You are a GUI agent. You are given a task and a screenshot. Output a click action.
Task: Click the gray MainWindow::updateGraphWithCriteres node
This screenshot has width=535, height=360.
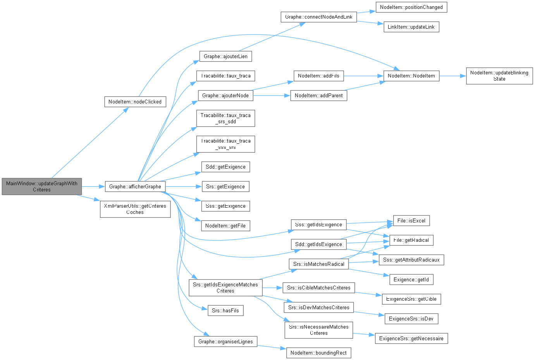pos(42,187)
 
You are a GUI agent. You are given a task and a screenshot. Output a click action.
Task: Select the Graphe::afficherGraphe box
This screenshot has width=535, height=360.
pos(135,187)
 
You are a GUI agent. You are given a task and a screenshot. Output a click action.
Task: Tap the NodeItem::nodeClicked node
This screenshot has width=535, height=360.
pos(135,102)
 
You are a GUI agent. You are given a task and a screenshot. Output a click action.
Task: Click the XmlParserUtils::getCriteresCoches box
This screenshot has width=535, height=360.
pos(135,209)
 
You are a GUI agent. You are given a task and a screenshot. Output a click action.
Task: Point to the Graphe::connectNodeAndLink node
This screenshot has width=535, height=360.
pos(318,17)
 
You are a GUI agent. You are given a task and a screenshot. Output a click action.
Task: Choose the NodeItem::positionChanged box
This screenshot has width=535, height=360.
pos(411,7)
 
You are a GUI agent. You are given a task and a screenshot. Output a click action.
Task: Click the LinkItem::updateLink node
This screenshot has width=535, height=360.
pos(411,27)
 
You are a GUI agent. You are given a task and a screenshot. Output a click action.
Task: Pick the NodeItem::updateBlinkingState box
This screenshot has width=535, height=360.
pos(499,76)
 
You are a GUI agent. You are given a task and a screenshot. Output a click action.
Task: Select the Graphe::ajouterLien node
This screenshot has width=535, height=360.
pos(225,57)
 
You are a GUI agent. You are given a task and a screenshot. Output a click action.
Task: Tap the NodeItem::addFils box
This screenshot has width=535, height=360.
pos(318,76)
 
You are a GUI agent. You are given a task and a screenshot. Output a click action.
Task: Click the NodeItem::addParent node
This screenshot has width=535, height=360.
pos(318,96)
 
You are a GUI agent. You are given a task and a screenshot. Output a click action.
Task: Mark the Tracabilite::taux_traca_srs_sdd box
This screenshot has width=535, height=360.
pos(225,118)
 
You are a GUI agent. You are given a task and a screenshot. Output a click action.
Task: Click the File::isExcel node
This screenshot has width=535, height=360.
pos(411,221)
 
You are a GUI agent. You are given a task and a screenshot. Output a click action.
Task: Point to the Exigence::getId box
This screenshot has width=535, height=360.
pos(411,279)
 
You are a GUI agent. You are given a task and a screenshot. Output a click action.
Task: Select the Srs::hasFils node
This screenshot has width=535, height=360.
pos(225,311)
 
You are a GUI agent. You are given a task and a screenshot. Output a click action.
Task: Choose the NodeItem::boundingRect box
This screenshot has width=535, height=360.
pos(318,353)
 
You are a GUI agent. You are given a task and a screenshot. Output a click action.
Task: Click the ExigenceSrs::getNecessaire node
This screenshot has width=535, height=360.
pos(411,339)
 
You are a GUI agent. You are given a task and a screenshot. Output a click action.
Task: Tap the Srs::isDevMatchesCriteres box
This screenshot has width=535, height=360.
pos(318,308)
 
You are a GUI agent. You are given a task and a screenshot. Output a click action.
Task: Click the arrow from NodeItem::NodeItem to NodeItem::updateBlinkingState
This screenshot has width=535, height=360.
pos(452,76)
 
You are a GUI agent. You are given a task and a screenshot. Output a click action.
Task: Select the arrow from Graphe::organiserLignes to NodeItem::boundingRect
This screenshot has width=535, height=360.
pos(271,347)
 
